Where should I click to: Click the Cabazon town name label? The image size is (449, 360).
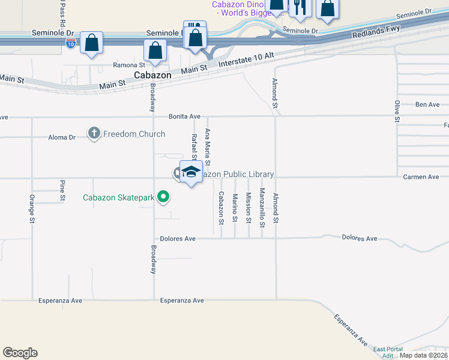coord(152,76)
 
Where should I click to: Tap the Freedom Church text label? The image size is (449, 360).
coord(134,134)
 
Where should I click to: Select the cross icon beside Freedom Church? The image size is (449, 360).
coord(94,133)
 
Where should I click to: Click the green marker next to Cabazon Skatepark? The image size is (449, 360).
coord(163,197)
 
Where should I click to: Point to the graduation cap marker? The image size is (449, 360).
coord(191,172)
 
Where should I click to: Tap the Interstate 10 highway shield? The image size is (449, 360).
coord(71,44)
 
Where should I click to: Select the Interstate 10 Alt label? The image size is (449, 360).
coord(246,59)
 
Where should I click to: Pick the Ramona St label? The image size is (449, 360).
coord(129,65)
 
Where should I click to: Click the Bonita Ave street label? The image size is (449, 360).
coord(184,116)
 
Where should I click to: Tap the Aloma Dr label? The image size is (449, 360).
coord(62,137)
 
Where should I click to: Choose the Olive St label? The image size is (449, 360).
coord(397,112)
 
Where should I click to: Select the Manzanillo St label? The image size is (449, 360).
coord(262,208)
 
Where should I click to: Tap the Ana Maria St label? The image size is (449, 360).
coord(208,147)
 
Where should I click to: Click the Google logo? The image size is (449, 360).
coord(20,353)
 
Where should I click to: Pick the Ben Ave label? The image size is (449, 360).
coord(427,104)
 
